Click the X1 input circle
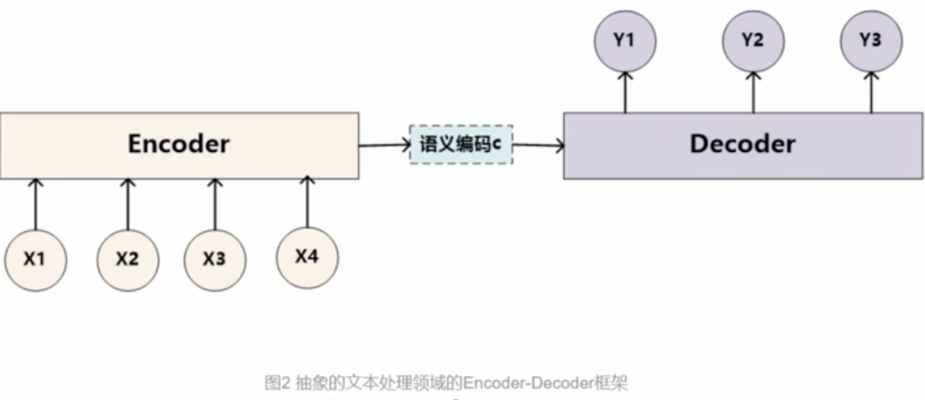(35, 259)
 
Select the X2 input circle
(128, 259)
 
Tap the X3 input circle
(215, 259)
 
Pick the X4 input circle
(307, 255)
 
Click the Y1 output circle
(624, 40)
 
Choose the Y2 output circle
(752, 40)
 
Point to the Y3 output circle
(871, 40)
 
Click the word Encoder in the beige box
(179, 144)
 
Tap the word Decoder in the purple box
(743, 144)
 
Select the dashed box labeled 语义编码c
(461, 144)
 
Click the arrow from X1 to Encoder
(35, 204)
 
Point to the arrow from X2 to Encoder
(128, 204)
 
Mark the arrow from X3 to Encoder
(215, 204)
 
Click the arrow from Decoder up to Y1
(624, 92)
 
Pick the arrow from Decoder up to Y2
(752, 92)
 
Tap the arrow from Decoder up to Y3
(871, 92)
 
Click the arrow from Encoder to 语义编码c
(384, 144)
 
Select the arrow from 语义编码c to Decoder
(538, 145)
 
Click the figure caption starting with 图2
(446, 382)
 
